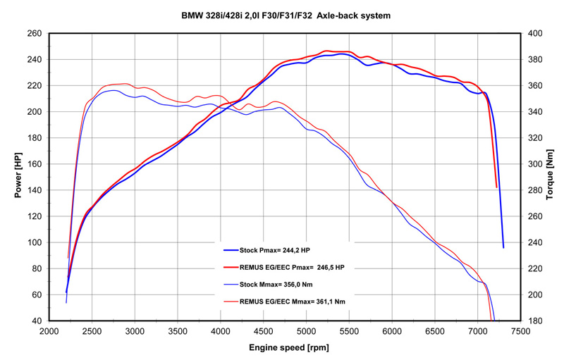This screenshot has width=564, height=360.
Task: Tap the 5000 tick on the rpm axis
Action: click(306, 331)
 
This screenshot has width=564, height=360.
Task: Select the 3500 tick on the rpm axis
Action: click(178, 331)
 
